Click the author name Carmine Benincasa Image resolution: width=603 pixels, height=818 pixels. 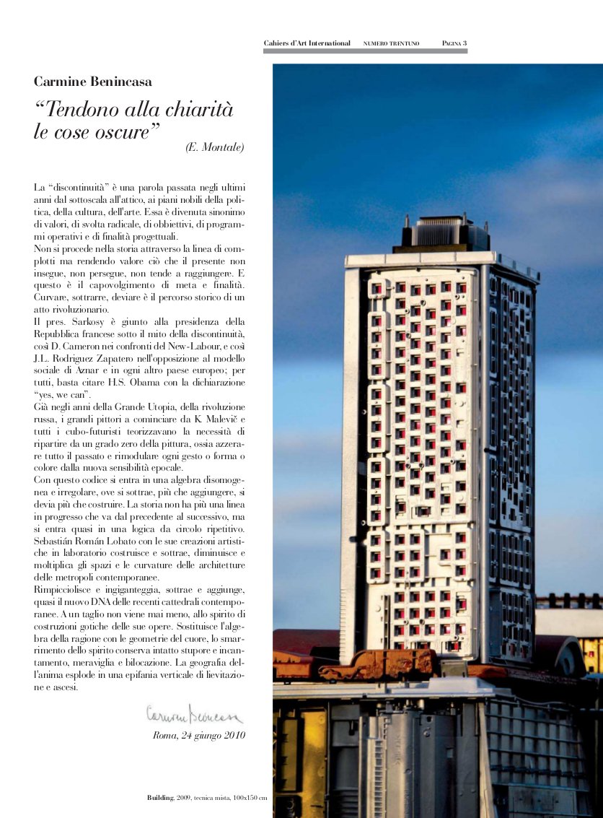pyautogui.click(x=93, y=82)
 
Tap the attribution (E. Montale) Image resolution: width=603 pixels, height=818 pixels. pyautogui.click(x=215, y=148)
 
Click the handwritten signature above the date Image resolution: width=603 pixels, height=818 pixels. pyautogui.click(x=195, y=714)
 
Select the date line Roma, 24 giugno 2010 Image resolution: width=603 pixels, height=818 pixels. pyautogui.click(x=199, y=736)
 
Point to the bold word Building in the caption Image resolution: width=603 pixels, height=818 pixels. pyautogui.click(x=160, y=797)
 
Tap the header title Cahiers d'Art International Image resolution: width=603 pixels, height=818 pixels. pyautogui.click(x=307, y=43)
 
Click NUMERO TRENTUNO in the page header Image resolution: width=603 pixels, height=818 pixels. pyautogui.click(x=392, y=44)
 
